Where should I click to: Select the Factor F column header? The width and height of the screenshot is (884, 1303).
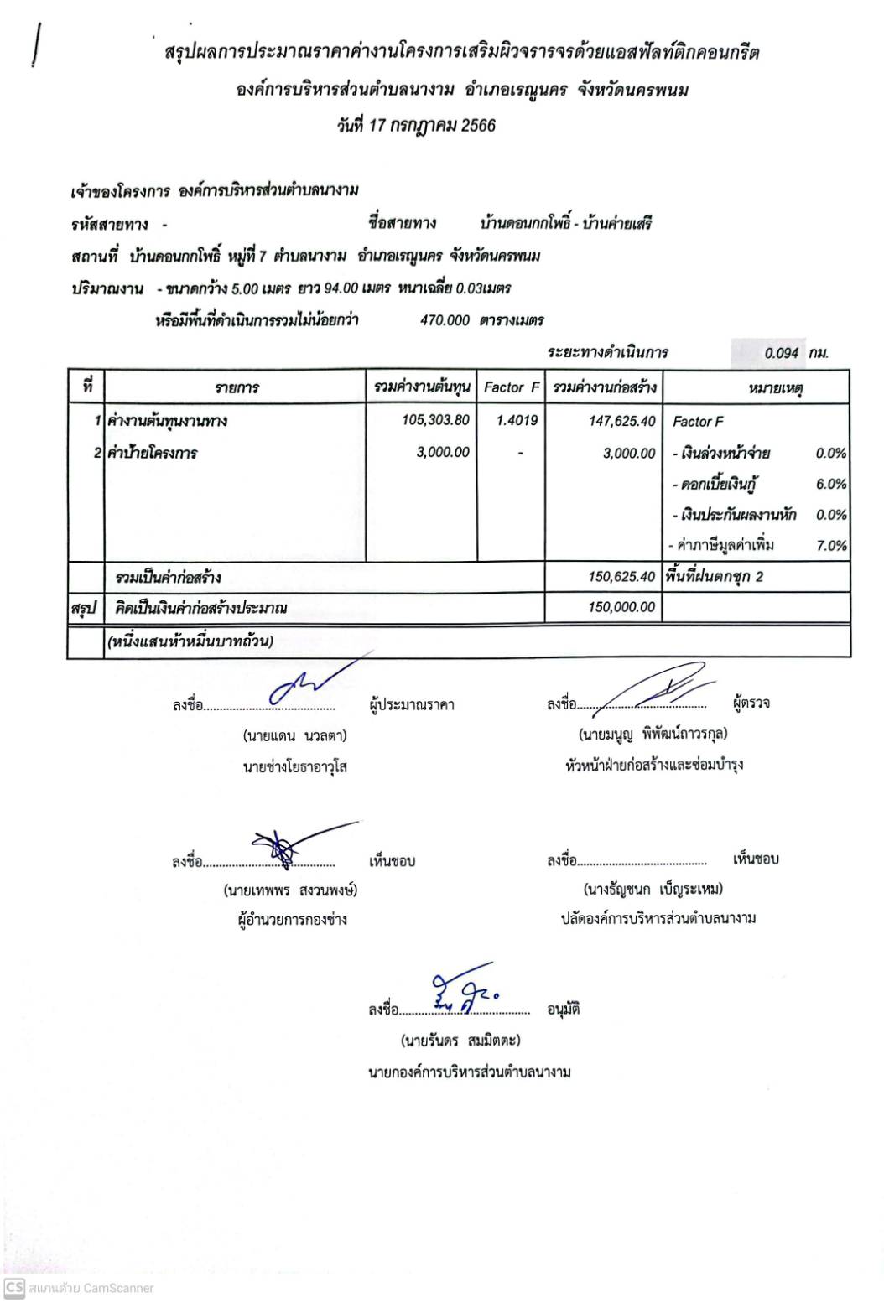pyautogui.click(x=511, y=387)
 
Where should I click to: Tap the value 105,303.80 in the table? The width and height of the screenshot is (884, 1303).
pyautogui.click(x=435, y=420)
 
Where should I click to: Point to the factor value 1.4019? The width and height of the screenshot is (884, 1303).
pyautogui.click(x=517, y=420)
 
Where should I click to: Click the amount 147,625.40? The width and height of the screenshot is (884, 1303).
pyautogui.click(x=621, y=421)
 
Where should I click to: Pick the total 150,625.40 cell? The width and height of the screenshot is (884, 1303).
pyautogui.click(x=621, y=577)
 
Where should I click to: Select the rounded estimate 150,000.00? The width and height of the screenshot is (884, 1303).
pyautogui.click(x=621, y=607)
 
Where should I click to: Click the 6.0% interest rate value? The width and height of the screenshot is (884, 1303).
pyautogui.click(x=830, y=484)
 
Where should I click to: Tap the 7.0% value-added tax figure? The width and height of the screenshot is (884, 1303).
pyautogui.click(x=830, y=546)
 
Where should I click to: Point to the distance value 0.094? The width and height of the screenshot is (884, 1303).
pyautogui.click(x=781, y=353)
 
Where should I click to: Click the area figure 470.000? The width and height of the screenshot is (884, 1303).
pyautogui.click(x=445, y=320)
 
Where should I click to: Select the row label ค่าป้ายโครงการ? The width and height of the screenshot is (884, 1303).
pyautogui.click(x=152, y=453)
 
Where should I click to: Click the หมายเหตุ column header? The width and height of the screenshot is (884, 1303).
pyautogui.click(x=774, y=388)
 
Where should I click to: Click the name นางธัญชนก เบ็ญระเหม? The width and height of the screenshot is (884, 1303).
pyautogui.click(x=653, y=889)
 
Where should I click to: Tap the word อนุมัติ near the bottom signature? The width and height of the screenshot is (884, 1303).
pyautogui.click(x=564, y=1010)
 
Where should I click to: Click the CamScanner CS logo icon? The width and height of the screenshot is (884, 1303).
pyautogui.click(x=13, y=1287)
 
